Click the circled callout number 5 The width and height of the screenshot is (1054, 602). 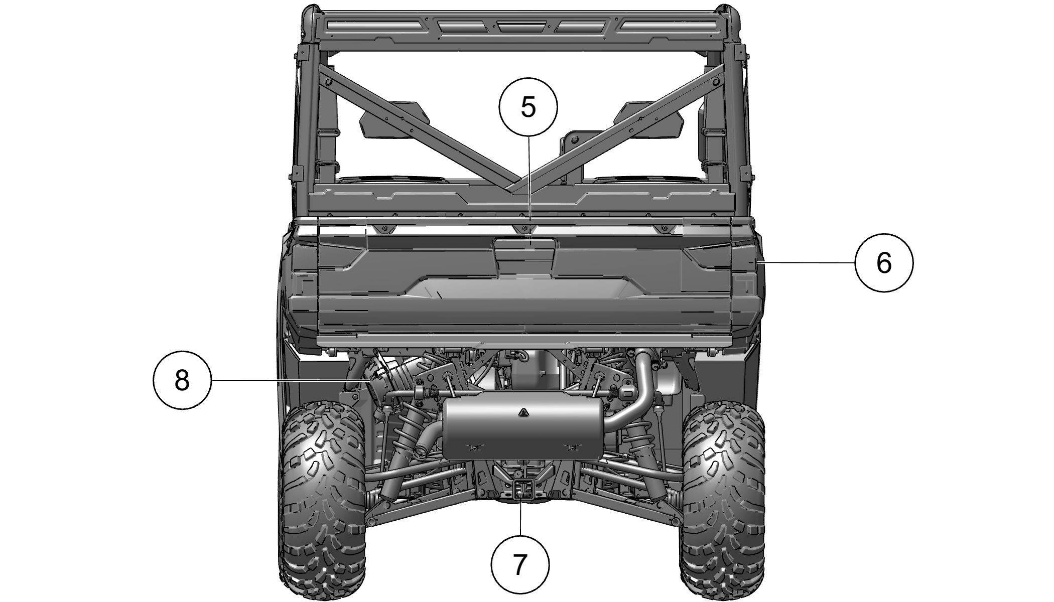point(528,106)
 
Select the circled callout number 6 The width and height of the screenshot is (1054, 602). point(884,262)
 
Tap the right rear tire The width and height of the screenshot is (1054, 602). point(723,494)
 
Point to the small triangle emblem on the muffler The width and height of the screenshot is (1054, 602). point(523,412)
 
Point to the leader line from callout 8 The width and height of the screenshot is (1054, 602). point(292,381)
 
